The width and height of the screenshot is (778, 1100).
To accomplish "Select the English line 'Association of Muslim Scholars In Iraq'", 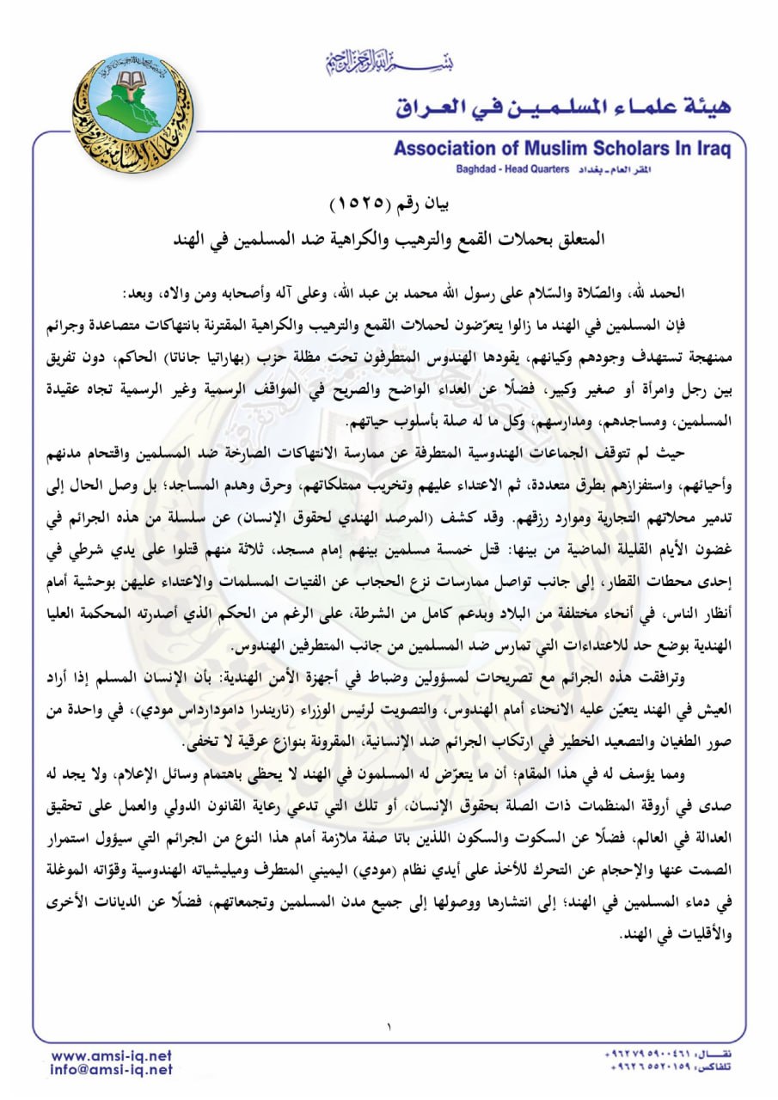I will click(x=562, y=149).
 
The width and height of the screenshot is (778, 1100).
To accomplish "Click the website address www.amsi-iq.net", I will click(x=112, y=1055).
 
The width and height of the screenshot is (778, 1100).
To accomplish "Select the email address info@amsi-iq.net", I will click(x=112, y=1070).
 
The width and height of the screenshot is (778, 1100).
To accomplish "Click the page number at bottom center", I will click(x=389, y=1026).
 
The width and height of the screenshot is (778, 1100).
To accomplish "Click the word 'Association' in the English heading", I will click(x=444, y=149).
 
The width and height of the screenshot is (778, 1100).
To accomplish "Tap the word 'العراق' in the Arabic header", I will click(x=438, y=107).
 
